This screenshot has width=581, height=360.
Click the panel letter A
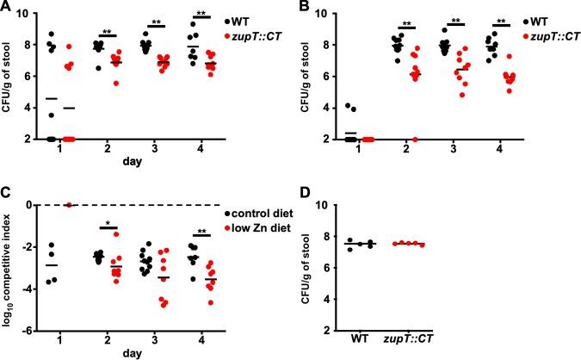coord(7,9)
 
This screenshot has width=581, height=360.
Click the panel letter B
coord(300,9)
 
